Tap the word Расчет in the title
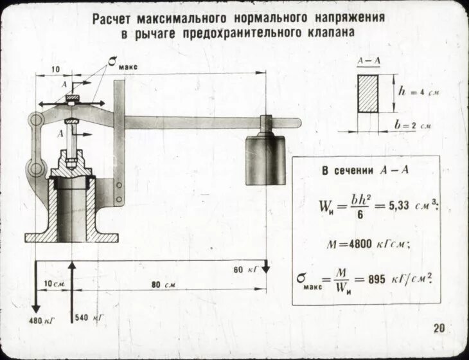pos(114,19)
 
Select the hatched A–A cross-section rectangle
pos(368,93)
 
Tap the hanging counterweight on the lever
pos(265,157)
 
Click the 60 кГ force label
pos(245,269)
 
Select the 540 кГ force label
pos(89,318)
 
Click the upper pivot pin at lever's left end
pos(36,120)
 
